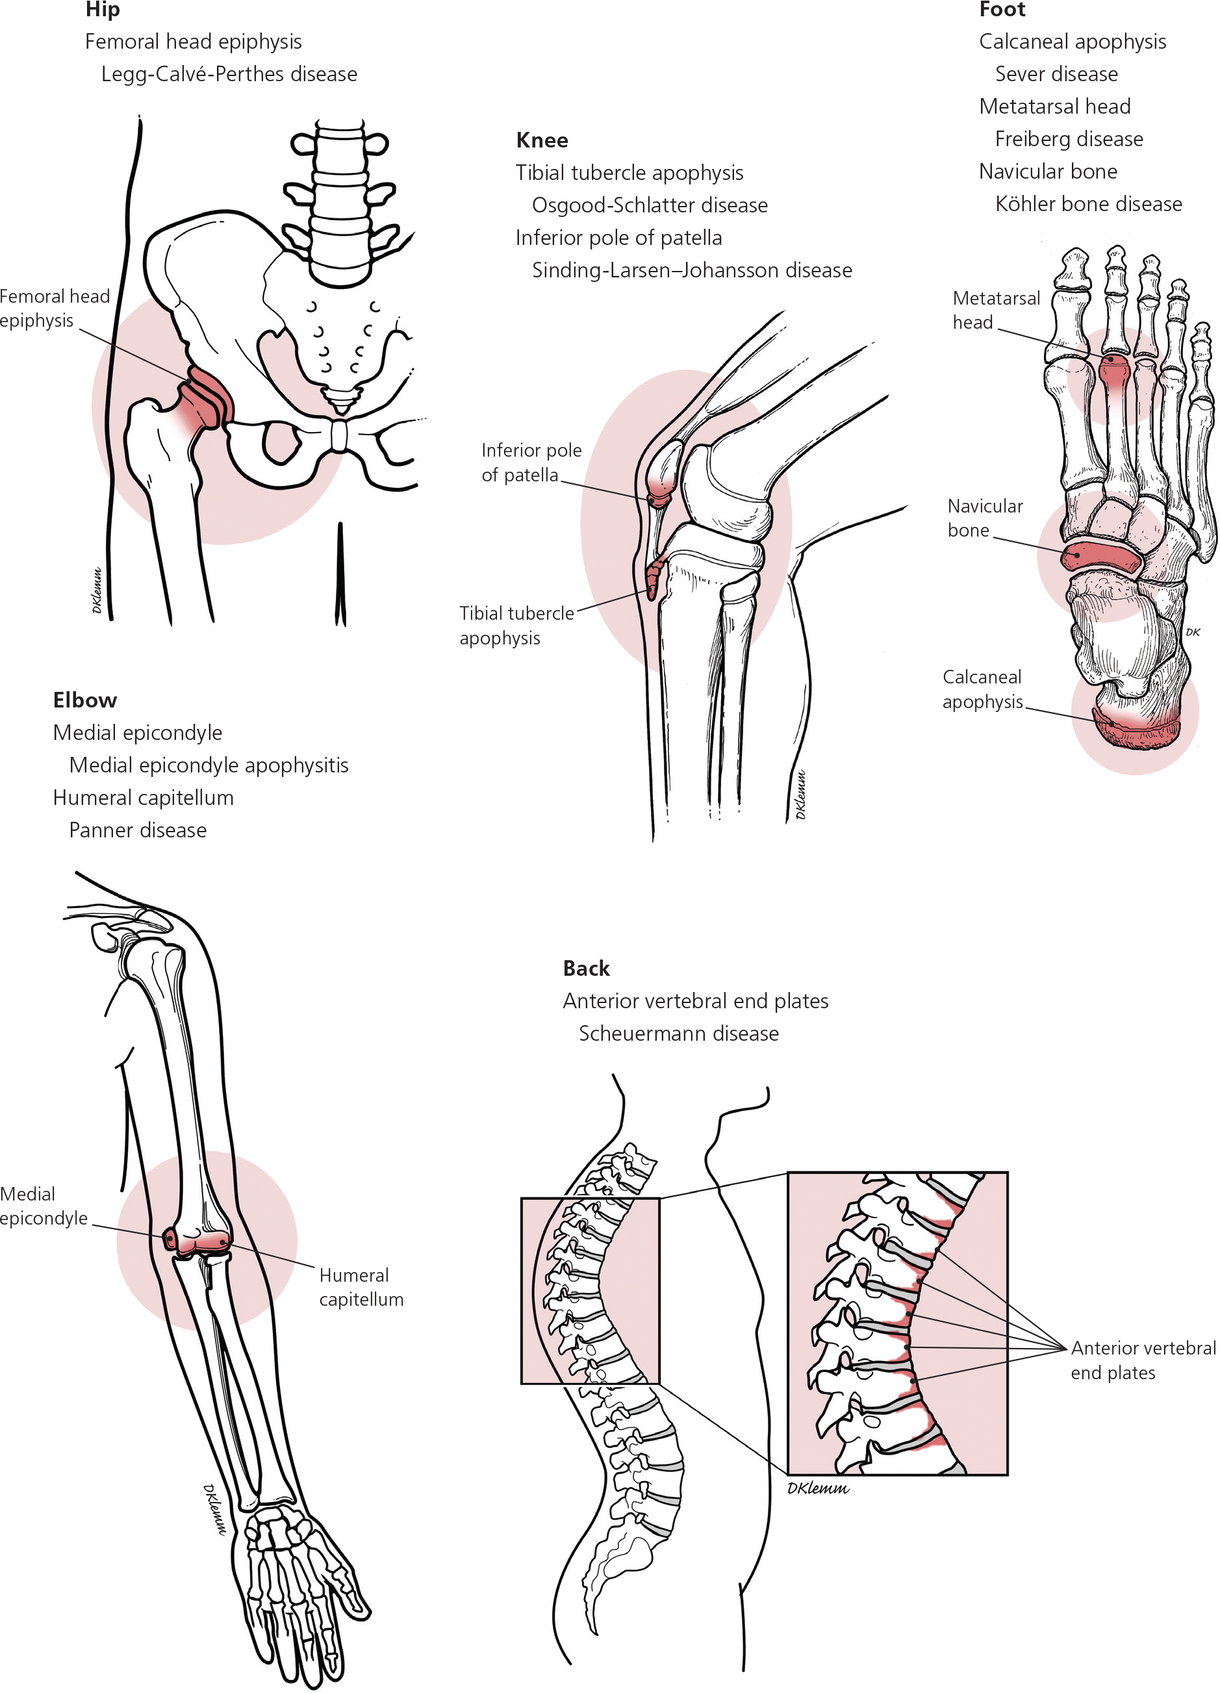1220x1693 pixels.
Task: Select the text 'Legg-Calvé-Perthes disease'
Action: [229, 74]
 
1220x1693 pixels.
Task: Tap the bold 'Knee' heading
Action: [541, 140]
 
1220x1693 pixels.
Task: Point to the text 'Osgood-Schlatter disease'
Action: [649, 205]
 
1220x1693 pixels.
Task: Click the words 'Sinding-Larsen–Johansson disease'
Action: [691, 270]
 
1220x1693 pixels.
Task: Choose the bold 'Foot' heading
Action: [1001, 10]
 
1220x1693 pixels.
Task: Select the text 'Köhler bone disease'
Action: [1088, 204]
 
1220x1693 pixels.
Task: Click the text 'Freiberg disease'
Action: [1069, 139]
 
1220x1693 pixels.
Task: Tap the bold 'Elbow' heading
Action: [85, 700]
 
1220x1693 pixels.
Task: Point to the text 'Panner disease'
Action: [137, 830]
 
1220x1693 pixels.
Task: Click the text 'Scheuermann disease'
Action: [678, 1033]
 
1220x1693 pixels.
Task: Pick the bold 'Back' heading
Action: [586, 968]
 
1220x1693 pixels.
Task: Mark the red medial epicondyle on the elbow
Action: [170, 1238]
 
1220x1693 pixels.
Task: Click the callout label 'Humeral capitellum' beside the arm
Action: [361, 1287]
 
